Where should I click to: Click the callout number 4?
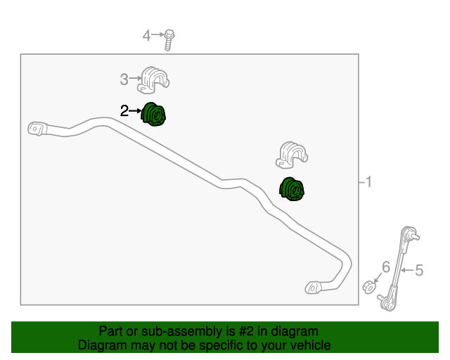coord(146,36)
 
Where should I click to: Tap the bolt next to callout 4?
coord(169,40)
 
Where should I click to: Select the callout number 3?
coord(124,79)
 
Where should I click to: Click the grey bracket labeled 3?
coord(153,80)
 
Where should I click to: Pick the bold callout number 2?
coord(124,111)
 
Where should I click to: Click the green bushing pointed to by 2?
coord(153,115)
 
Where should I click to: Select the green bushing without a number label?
coord(292,189)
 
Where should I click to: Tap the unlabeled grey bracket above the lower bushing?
coord(292,155)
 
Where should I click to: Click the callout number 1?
coord(368,181)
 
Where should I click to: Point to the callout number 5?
coord(419,271)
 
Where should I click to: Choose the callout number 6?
coord(386,267)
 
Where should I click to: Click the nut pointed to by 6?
coord(369,288)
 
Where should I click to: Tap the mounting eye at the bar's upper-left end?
coord(37,129)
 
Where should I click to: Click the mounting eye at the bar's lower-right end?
coord(314,288)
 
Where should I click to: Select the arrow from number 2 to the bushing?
coord(135,110)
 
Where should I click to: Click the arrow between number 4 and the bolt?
coord(157,34)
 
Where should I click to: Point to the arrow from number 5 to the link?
coord(408,270)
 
